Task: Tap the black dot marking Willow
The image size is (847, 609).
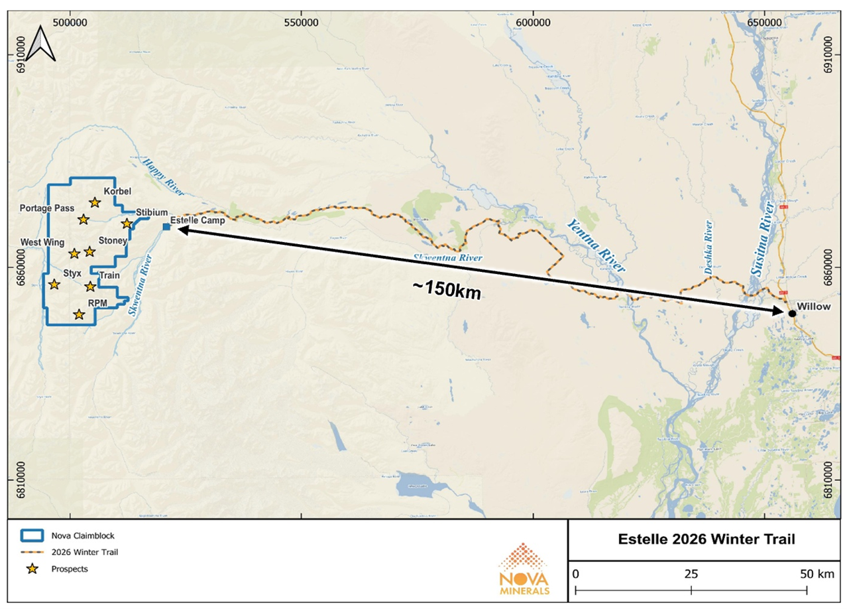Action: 792,313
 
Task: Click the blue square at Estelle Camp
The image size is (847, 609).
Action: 166,228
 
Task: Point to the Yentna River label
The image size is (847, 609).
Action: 595,247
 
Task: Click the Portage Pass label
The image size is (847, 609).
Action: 46,208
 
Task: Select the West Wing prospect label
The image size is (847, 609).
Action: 42,242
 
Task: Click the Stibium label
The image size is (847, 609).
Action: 151,211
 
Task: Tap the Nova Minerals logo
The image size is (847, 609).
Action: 524,570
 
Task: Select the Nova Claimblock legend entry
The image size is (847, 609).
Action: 79,535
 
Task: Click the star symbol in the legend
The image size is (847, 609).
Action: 32,569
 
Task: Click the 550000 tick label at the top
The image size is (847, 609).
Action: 301,21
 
